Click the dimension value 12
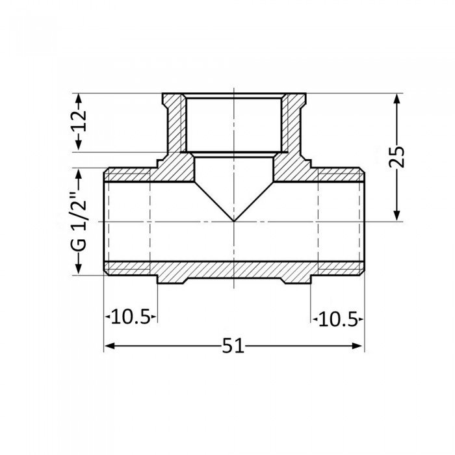(x=79, y=122)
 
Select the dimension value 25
(x=397, y=156)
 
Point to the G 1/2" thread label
(x=79, y=221)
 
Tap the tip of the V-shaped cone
(x=234, y=221)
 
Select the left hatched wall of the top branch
(x=174, y=123)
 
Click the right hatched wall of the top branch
(x=293, y=123)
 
